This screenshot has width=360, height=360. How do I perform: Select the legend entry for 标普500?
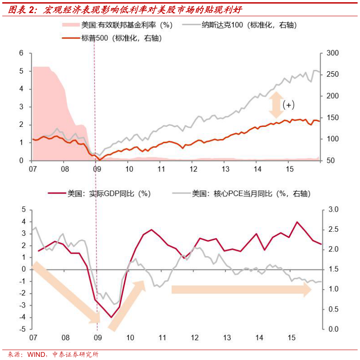121,39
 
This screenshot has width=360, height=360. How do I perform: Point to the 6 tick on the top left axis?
21,53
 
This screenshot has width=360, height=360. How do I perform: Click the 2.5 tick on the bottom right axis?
334,230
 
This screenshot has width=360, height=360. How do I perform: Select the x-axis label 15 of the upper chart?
290,169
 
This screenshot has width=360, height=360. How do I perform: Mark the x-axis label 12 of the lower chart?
194,338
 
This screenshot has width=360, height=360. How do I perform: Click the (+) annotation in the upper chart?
289,105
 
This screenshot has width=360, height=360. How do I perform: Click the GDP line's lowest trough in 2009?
111,317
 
